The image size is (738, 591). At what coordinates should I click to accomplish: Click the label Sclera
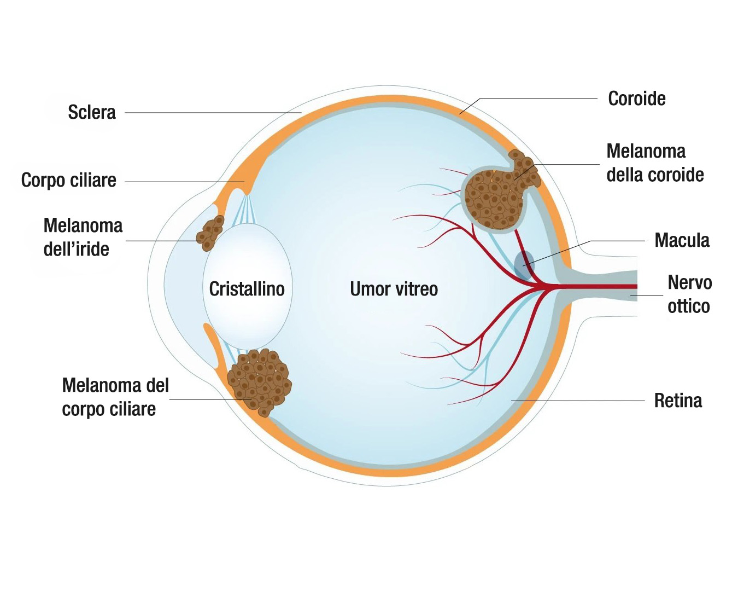coord(92,112)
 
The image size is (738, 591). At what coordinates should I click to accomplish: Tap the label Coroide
coord(637,99)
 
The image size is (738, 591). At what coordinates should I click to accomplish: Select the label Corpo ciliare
coord(68,180)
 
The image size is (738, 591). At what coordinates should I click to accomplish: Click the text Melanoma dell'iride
coord(82,237)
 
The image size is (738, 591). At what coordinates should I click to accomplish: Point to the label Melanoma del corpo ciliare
coord(115,397)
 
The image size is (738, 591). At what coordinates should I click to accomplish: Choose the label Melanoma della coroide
coord(655,163)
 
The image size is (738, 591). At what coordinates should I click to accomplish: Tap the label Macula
coord(682,240)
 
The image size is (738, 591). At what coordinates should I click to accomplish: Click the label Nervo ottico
coord(689,294)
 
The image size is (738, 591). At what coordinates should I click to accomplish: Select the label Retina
coord(678,401)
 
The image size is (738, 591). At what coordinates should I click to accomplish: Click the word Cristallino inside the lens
coord(247,289)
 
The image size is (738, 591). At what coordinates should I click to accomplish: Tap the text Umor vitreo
coord(394,289)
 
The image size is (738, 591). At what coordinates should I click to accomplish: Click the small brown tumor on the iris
coord(210,233)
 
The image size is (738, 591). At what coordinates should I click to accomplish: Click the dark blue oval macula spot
coord(524,264)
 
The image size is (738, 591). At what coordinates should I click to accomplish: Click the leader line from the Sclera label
coord(213,113)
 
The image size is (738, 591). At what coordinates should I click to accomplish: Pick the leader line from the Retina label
coord(579,401)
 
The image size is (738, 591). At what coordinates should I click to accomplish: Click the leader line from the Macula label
coord(618,241)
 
